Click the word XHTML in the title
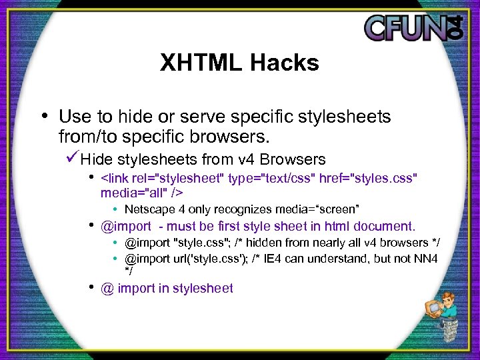click(x=201, y=63)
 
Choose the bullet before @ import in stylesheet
click(x=91, y=287)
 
